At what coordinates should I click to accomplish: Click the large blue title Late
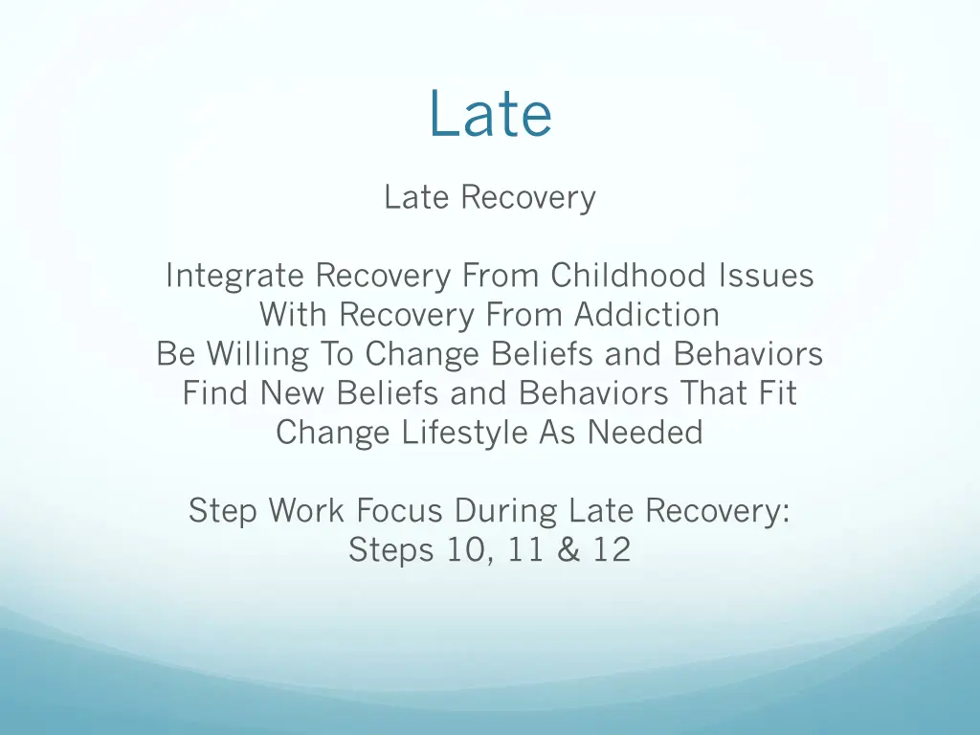tap(490, 114)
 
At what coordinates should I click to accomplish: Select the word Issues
tap(766, 277)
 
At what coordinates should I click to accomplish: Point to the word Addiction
tap(647, 315)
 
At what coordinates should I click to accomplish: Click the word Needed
tap(645, 433)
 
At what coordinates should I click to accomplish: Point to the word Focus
tap(401, 511)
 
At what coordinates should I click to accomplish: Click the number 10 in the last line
tap(468, 550)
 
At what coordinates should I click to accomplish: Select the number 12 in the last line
tap(610, 550)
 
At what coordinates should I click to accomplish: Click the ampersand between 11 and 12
tap(570, 550)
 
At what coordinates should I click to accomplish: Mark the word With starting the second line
tap(294, 315)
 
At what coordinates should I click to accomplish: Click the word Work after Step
tap(307, 511)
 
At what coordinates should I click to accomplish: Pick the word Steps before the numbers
tap(389, 550)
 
